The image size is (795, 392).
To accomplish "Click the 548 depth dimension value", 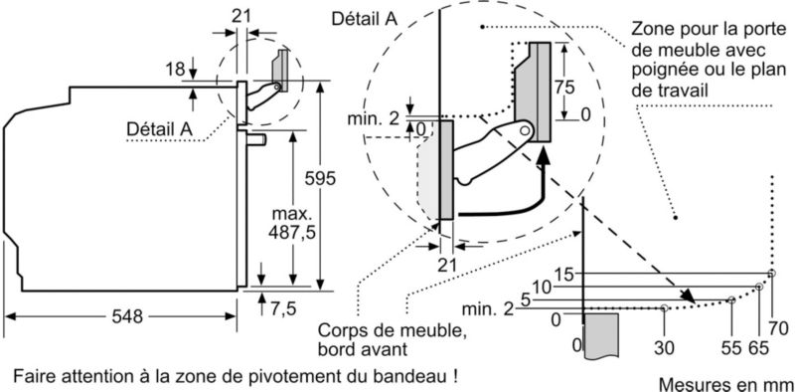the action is tap(127, 316).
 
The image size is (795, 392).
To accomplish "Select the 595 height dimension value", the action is tap(319, 179).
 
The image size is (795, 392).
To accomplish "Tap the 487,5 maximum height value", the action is tap(291, 232).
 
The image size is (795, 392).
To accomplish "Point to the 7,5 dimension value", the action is tap(283, 308).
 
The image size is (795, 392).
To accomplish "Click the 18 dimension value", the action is tap(176, 69).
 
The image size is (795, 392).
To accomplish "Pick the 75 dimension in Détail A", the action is tap(564, 88).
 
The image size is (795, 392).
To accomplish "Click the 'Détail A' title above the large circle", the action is tap(364, 18).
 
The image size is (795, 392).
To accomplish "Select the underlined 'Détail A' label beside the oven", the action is tap(159, 128).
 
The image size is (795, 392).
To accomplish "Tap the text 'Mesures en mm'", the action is tap(726, 383).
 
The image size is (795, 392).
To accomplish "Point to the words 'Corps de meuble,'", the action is tap(392, 330).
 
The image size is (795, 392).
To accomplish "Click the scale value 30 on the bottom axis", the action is tap(664, 348).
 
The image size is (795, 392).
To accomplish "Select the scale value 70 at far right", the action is tap(778, 329).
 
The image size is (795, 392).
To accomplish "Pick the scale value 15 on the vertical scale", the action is tap(563, 275).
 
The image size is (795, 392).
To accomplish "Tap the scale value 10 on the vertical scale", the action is tap(542, 288).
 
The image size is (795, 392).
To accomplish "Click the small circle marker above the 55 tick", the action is tap(731, 299).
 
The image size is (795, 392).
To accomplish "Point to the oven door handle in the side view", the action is tap(256, 139).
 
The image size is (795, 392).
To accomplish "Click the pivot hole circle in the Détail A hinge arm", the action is tap(526, 130).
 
